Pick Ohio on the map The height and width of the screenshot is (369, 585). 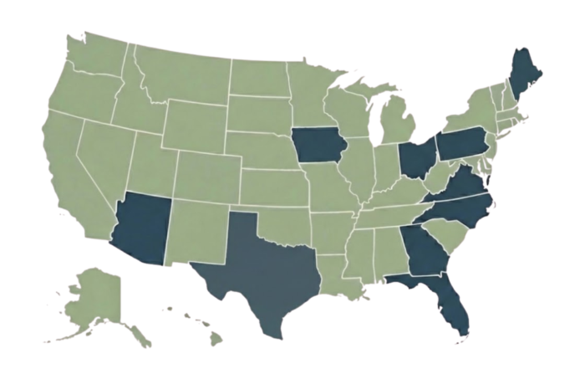pos(415,157)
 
